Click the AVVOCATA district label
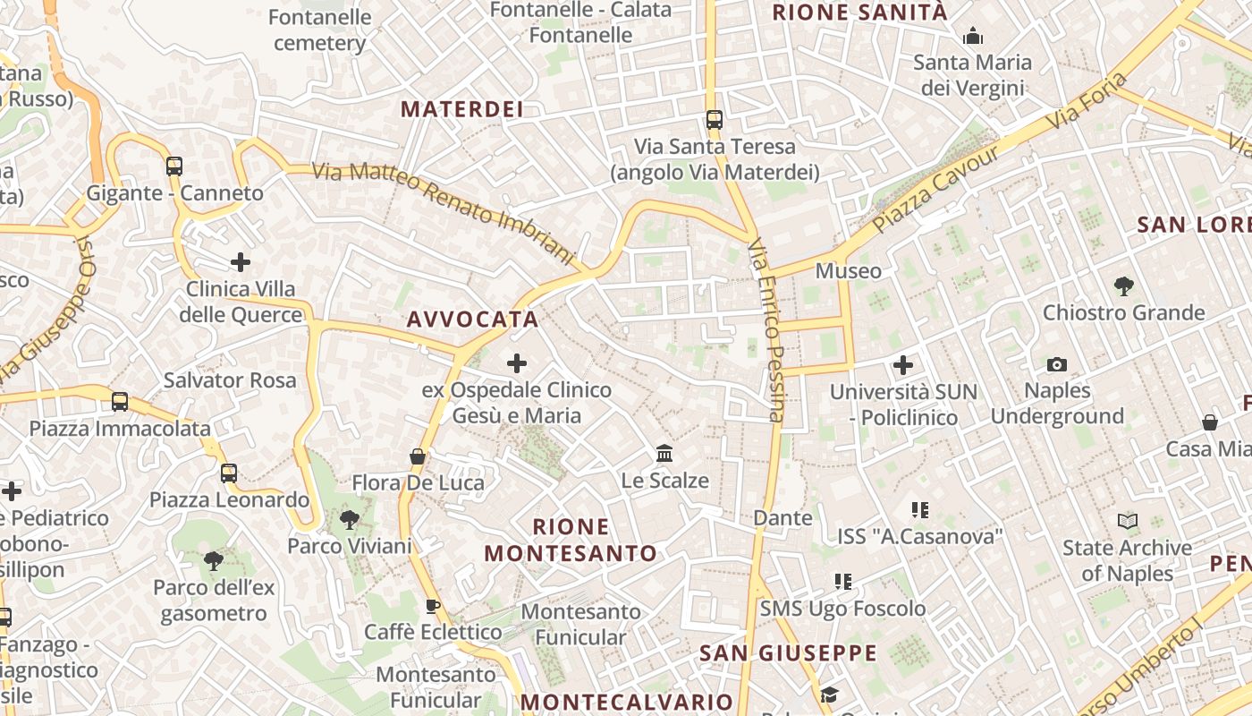coord(472,320)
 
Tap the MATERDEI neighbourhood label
coord(461,109)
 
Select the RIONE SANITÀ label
coord(859,13)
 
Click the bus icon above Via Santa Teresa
coord(714,119)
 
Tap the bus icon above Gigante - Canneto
coord(174,166)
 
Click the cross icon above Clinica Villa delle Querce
coord(240,262)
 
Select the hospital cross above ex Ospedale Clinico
coord(517,363)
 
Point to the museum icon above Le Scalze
coord(664,454)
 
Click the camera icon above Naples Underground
coord(1057,364)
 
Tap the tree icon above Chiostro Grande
coord(1124,286)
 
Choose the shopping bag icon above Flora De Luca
coord(418,456)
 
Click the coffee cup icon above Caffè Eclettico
coord(433,607)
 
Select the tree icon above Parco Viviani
coord(350,519)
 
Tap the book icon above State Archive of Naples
coord(1128,521)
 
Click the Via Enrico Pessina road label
coord(766,329)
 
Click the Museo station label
coord(848,270)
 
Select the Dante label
coord(782,517)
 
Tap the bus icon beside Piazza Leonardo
coord(229,473)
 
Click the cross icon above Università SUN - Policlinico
coord(903,365)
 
